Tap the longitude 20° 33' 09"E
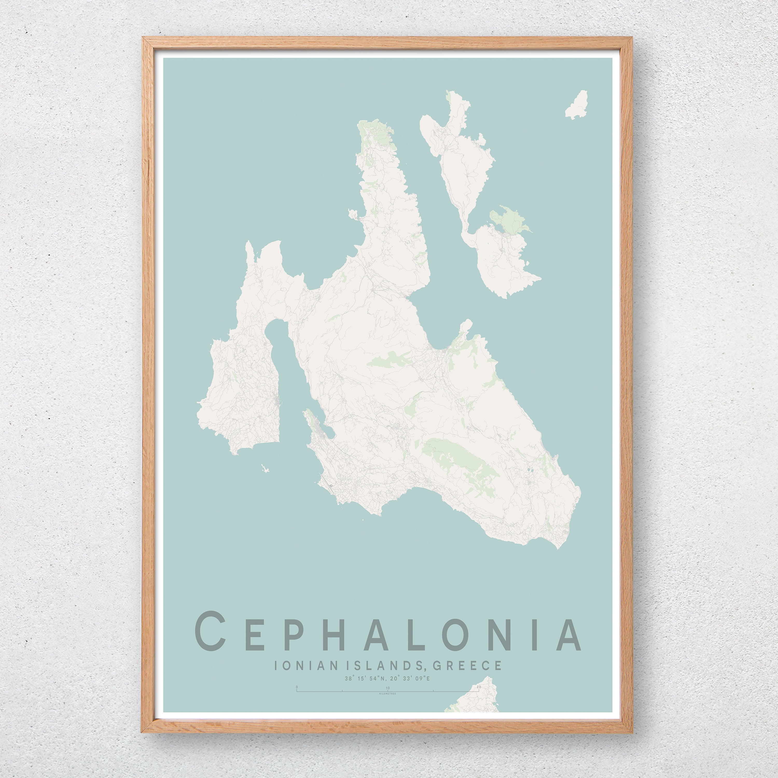(410, 678)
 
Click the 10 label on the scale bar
(387, 688)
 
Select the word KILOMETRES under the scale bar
(387, 694)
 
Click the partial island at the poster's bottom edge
(475, 701)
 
